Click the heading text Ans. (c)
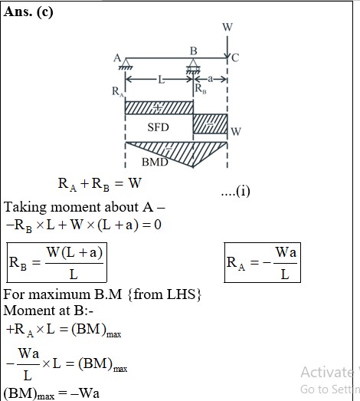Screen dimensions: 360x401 click(x=28, y=12)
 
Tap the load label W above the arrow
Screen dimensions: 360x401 click(x=227, y=27)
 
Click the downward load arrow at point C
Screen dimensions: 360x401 click(x=227, y=47)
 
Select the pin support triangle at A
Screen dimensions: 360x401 click(x=126, y=64)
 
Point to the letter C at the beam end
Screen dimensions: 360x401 click(x=235, y=58)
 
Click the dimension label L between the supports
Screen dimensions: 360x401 click(x=161, y=80)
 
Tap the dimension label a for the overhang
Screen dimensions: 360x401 click(x=210, y=79)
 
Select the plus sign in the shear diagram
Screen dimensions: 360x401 click(x=157, y=108)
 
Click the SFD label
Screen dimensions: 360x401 click(x=158, y=127)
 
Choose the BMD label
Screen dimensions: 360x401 click(x=155, y=162)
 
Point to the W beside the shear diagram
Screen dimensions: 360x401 click(x=236, y=131)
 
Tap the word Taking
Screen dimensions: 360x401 click(x=25, y=207)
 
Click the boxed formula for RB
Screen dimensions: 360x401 click(x=57, y=263)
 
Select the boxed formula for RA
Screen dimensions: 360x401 click(x=263, y=263)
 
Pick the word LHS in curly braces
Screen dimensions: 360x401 click(x=181, y=294)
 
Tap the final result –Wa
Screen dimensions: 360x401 click(x=85, y=393)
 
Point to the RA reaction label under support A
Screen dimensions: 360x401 click(x=117, y=92)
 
